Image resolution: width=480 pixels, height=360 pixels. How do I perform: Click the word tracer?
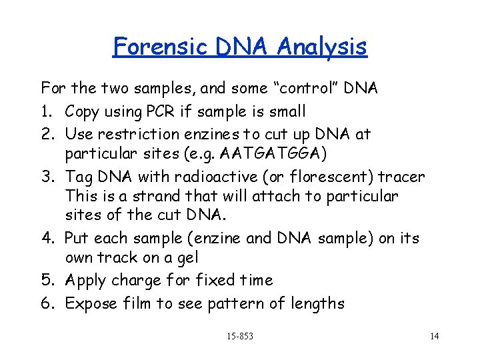[x=401, y=177]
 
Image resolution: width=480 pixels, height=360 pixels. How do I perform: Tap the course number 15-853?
[x=239, y=336]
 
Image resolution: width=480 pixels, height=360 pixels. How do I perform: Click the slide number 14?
[x=434, y=336]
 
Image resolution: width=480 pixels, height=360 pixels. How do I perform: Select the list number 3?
[x=47, y=177]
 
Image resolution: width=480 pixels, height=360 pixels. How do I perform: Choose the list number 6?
[x=47, y=304]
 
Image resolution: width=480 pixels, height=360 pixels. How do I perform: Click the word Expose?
[x=92, y=304]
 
